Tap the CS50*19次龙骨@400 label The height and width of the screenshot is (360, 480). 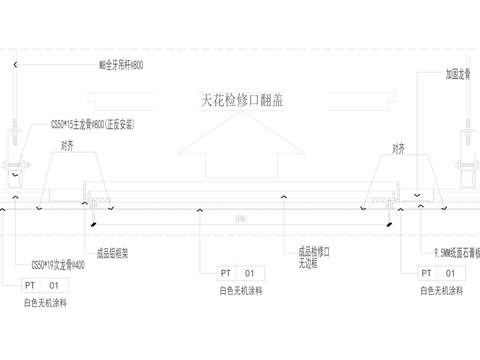coord(56,265)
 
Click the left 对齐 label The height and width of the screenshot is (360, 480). coord(67,145)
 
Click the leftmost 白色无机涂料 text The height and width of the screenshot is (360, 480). coord(44,302)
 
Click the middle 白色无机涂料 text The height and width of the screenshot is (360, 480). coord(240,291)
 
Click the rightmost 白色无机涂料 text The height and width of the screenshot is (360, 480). coord(441,291)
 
